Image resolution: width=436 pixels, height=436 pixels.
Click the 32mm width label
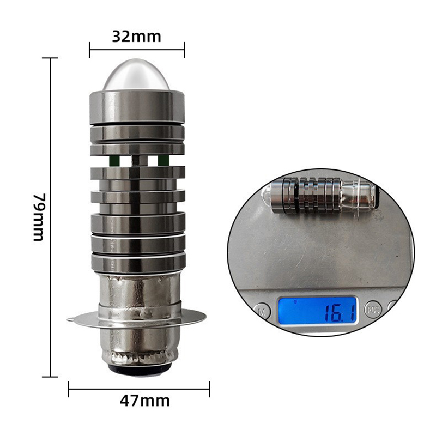pyautogui.click(x=136, y=37)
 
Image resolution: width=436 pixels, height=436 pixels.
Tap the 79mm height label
pyautogui.click(x=39, y=217)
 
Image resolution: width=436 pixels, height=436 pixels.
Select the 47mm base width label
pyautogui.click(x=145, y=401)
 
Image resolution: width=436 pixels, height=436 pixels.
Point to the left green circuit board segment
pyautogui.click(x=114, y=160)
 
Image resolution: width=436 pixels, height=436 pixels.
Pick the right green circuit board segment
pyautogui.click(x=163, y=160)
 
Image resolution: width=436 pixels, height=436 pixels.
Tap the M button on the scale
pyautogui.click(x=262, y=311)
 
